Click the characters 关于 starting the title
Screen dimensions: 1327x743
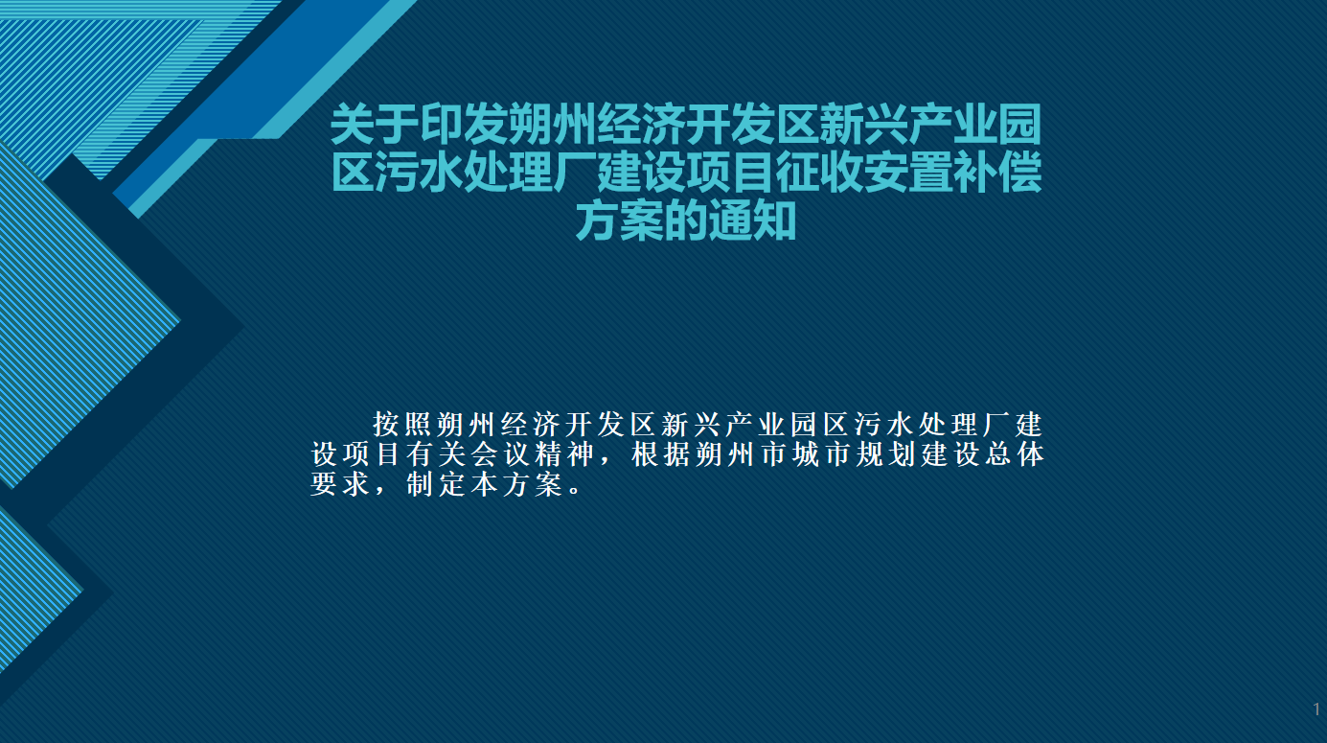tap(375, 125)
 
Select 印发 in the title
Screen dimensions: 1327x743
tap(464, 125)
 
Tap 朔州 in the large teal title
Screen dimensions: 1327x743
tap(552, 125)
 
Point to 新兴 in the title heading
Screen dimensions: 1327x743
tap(863, 125)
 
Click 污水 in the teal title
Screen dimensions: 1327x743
tap(419, 173)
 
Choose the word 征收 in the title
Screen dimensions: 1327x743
tap(819, 173)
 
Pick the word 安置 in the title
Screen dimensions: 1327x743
tap(908, 173)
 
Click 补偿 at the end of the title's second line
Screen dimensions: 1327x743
tap(997, 173)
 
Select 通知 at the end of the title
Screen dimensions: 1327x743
tap(752, 221)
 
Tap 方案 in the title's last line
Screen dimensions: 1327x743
tap(619, 221)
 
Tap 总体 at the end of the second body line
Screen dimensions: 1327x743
tap(1014, 454)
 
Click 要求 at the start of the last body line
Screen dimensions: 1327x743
tap(341, 484)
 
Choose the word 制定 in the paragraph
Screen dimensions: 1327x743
tap(437, 484)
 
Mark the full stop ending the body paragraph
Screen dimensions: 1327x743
tap(575, 490)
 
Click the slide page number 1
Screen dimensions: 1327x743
tap(1316, 709)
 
